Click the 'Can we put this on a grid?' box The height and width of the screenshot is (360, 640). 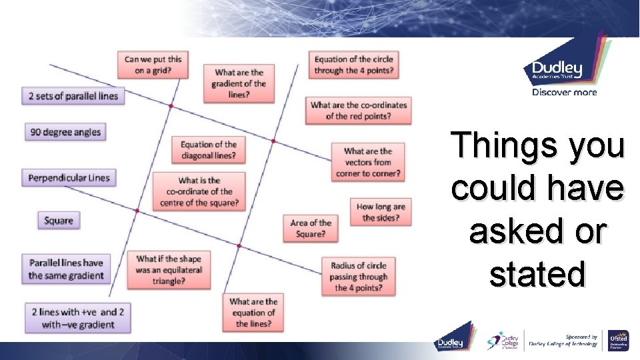153,64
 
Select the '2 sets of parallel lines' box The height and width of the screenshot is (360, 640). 73,96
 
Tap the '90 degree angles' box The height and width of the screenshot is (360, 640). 65,132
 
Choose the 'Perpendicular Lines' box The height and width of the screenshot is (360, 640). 69,178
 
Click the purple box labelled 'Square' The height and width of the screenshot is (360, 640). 58,221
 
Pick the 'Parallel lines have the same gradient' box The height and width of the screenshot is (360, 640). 66,269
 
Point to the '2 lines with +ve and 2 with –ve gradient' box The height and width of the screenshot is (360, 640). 77,318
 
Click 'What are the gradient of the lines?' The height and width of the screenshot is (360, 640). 239,84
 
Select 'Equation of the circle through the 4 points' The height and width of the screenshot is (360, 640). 353,65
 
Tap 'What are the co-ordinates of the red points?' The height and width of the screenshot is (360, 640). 358,111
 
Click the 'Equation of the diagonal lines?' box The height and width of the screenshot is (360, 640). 208,150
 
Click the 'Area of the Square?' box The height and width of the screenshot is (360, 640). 310,229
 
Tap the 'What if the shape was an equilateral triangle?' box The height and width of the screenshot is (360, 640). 169,270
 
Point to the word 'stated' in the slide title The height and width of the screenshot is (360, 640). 537,275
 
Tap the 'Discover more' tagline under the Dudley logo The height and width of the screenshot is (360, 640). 564,93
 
